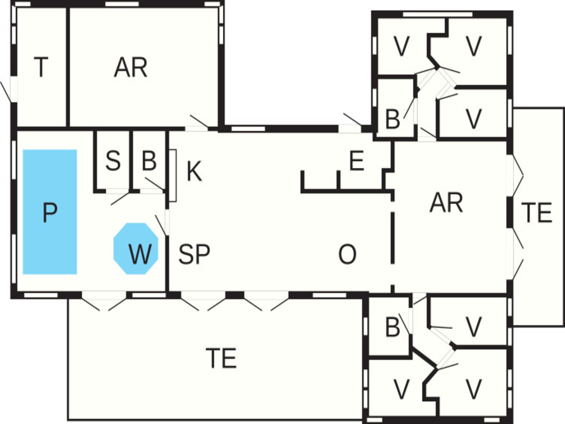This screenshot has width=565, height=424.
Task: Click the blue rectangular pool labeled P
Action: click(50, 212)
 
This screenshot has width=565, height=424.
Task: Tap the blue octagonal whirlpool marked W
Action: click(136, 249)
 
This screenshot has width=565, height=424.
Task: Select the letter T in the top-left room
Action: click(41, 67)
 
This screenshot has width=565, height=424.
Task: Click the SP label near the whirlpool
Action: click(194, 254)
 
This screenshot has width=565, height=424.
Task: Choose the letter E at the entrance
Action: click(357, 161)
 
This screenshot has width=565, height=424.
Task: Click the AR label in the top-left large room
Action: click(131, 67)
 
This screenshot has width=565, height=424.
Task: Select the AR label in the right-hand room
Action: click(446, 203)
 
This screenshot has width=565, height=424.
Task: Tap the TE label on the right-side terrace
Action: click(536, 212)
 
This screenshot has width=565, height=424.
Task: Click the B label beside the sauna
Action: click(149, 161)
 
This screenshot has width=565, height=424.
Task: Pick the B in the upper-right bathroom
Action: click(393, 119)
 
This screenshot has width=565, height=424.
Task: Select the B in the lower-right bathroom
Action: click(393, 327)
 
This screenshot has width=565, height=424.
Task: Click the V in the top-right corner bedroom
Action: click(474, 46)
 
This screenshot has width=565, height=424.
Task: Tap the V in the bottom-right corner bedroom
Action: click(474, 389)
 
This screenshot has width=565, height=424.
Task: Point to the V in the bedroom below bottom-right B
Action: click(401, 389)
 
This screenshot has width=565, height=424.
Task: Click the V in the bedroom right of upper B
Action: click(474, 119)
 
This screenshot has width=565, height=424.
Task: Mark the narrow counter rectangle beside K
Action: click(173, 175)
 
